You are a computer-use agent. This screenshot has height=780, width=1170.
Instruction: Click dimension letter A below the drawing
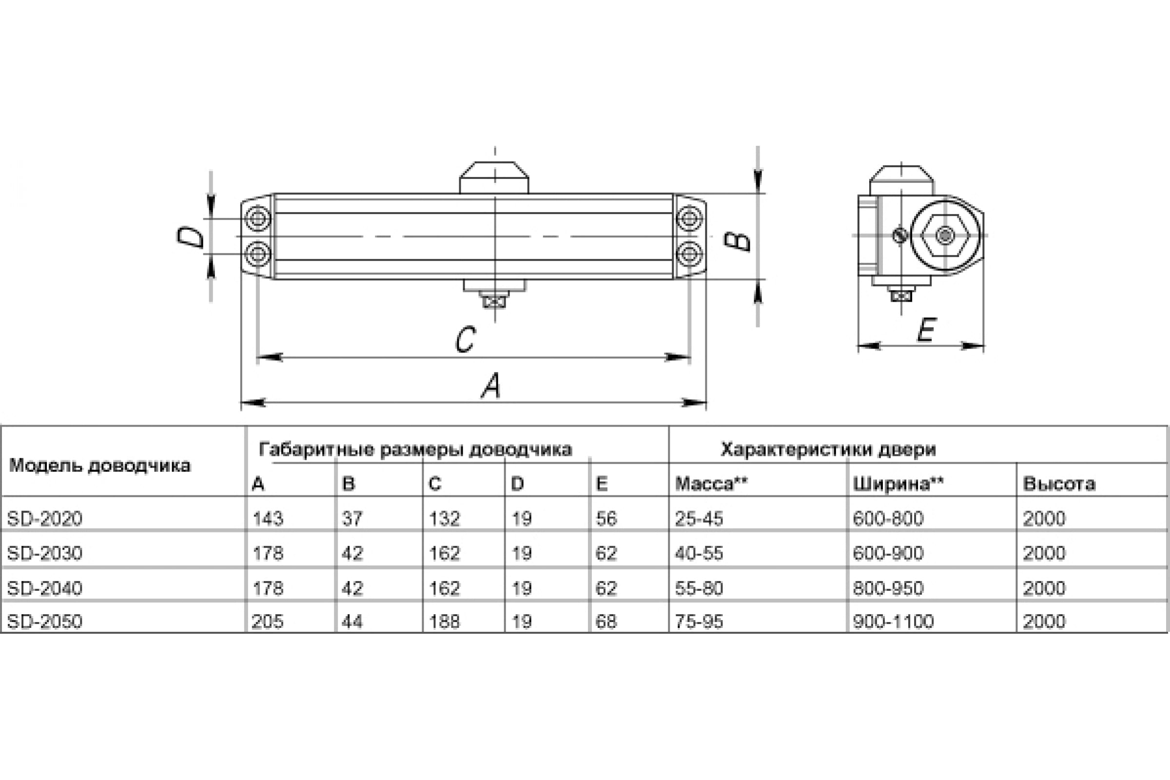pos(491,386)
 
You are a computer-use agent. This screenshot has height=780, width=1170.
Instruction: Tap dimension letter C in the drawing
pos(466,340)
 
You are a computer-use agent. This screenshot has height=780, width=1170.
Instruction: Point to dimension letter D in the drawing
pos(191,237)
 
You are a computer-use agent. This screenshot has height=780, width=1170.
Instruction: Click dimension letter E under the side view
pos(927,330)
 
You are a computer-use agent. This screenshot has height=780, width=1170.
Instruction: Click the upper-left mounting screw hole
pos(258,218)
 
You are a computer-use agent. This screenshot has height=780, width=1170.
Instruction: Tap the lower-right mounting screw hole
pos(689,254)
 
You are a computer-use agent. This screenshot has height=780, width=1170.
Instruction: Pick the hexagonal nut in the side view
pos(945,235)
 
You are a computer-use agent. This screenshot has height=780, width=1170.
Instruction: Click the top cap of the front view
pos(494,177)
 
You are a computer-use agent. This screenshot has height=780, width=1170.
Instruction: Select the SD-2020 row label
pos(45,519)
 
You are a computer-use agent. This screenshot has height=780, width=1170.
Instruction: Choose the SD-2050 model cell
pos(45,621)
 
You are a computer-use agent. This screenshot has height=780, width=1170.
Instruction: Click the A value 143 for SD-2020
pos(268,519)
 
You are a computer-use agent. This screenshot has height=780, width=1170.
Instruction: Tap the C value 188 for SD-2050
pos(445,621)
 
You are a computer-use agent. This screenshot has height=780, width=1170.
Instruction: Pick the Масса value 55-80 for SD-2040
pos(699,588)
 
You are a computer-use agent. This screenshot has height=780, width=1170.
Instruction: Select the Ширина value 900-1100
pos(894,621)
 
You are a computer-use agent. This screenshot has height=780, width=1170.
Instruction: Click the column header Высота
pos(1059,484)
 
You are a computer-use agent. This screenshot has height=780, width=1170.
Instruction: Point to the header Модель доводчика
pos(100,466)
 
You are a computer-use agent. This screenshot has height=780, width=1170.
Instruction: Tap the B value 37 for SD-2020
pos(352,519)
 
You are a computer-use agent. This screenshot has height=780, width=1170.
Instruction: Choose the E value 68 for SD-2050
pos(606,621)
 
